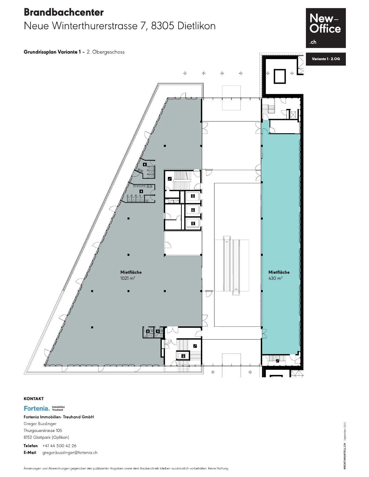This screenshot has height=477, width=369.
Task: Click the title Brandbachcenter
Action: [63, 12]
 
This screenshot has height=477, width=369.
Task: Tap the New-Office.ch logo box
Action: [326, 28]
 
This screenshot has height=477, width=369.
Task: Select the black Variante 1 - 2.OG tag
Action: [326, 59]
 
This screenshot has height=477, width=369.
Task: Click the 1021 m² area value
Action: [127, 278]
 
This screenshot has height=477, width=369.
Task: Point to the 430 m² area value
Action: [276, 278]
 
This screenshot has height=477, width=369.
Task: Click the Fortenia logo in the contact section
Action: [44, 408]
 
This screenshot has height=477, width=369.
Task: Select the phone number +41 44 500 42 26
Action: [59, 445]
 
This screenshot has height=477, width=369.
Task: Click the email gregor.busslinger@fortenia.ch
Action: [70, 453]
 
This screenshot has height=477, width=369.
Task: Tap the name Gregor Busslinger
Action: [40, 424]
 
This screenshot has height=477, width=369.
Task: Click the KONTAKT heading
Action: [34, 399]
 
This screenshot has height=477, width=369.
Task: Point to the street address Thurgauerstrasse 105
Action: [43, 431]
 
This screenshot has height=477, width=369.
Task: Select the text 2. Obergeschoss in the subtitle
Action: [106, 52]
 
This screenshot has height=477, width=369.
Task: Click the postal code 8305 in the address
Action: [163, 26]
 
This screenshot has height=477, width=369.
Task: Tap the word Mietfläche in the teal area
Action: [279, 272]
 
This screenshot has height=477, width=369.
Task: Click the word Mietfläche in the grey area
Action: [131, 272]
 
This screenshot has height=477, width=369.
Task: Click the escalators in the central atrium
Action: [232, 265]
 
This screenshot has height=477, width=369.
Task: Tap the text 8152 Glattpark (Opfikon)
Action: [46, 437]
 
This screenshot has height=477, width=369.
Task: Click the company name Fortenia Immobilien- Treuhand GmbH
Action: [59, 417]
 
